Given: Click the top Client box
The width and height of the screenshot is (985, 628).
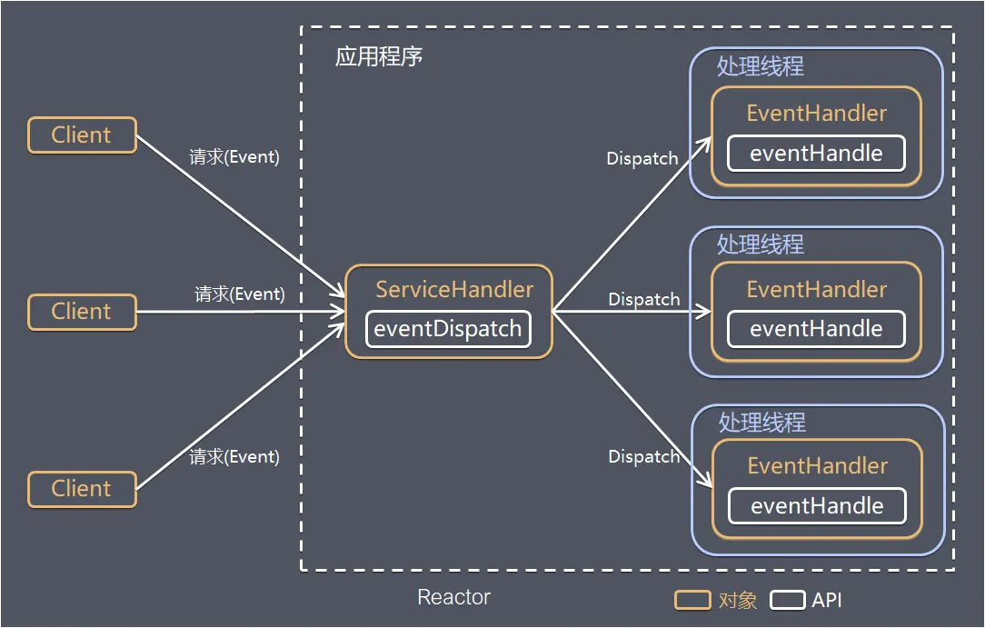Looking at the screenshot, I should (x=82, y=135).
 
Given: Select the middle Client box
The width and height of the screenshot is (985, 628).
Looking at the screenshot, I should (x=82, y=312).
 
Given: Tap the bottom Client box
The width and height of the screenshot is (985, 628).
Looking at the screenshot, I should (x=82, y=489).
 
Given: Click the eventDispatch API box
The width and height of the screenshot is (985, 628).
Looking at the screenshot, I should (x=448, y=329).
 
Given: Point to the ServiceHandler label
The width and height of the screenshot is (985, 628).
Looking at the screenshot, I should (x=454, y=290).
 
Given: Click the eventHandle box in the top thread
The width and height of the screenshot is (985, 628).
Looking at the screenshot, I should (x=816, y=154).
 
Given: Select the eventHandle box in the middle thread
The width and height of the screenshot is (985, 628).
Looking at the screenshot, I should (x=816, y=329).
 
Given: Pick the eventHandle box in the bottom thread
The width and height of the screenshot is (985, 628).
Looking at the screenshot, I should (x=817, y=506).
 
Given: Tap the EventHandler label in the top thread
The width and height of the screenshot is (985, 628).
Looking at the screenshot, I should (x=817, y=114).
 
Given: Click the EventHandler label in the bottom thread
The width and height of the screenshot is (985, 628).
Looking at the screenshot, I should (x=818, y=466).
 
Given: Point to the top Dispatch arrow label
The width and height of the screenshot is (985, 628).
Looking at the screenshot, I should (x=642, y=158).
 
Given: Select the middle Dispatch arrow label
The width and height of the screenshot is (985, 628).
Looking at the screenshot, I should (x=644, y=299).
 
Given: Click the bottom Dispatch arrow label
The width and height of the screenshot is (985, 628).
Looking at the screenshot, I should (x=644, y=456).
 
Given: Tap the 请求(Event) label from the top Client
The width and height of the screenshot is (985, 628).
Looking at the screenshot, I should (x=234, y=157).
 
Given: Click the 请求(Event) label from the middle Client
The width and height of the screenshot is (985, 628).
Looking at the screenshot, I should (x=240, y=294).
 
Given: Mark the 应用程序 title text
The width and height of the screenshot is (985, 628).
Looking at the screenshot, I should (x=379, y=57).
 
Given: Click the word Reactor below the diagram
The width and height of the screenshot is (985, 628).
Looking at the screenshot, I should (x=453, y=597).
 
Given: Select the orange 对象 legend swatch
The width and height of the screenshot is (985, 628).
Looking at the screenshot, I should (x=692, y=600).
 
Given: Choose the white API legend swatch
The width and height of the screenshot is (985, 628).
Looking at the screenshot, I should (x=787, y=600).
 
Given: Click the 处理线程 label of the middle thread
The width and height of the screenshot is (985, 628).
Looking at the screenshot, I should (x=761, y=245).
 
